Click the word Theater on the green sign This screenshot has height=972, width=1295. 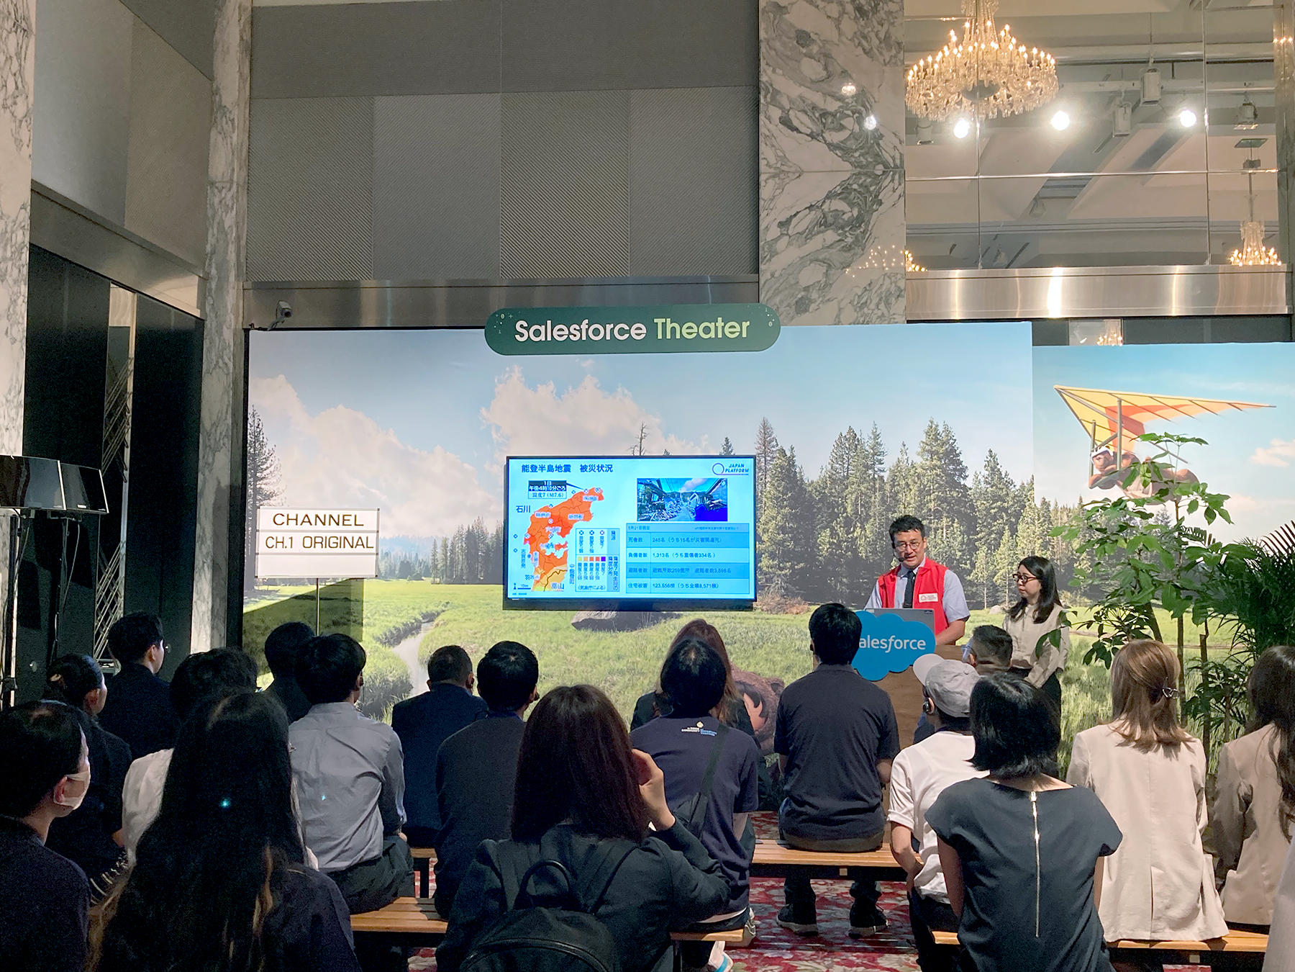pyautogui.click(x=701, y=329)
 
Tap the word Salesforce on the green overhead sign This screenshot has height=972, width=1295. pyautogui.click(x=580, y=331)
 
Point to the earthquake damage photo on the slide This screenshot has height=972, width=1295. pyautogui.click(x=681, y=499)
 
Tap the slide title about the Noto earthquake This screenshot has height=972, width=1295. pyautogui.click(x=567, y=469)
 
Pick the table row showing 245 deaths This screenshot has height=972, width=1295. pyautogui.click(x=689, y=539)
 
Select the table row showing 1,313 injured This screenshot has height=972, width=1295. pyautogui.click(x=689, y=555)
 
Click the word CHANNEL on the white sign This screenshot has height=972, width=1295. pyautogui.click(x=317, y=520)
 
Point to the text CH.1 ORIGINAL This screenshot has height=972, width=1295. pyautogui.click(x=319, y=543)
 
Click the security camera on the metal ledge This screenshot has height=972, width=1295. pyautogui.click(x=285, y=310)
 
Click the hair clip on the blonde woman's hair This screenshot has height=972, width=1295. pyautogui.click(x=1165, y=692)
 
